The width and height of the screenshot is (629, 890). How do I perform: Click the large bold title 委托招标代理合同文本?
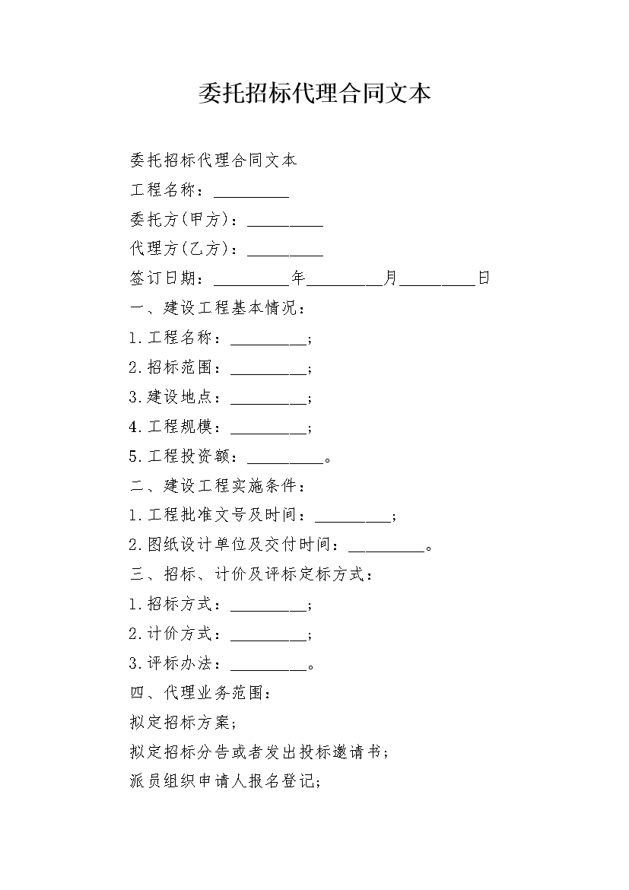coord(315,93)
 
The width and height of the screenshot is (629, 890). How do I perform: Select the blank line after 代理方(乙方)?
coord(285,256)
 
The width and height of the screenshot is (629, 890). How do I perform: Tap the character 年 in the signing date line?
coord(299,278)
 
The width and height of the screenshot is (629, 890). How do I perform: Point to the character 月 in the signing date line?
coord(391,278)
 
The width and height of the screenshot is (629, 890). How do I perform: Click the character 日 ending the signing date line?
coord(484,278)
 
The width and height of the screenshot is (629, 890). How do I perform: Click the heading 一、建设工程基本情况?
coord(218,307)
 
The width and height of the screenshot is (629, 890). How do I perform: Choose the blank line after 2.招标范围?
coord(268,374)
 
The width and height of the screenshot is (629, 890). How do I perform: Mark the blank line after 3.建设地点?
coord(268,404)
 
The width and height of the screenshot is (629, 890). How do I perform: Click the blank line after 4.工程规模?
coord(268,433)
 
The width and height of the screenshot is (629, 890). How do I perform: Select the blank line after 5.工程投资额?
coord(285,462)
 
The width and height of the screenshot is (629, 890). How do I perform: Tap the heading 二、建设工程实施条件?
coord(218,485)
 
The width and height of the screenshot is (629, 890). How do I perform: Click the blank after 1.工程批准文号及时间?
coord(353,522)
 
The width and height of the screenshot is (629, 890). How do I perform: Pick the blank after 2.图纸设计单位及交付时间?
coord(386,551)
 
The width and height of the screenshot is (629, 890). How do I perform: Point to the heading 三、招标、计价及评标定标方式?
coord(252,574)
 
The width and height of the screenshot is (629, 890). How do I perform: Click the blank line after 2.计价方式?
coord(268,640)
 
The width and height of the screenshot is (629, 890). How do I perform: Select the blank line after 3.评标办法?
coord(268,669)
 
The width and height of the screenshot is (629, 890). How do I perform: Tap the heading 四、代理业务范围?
coord(202,692)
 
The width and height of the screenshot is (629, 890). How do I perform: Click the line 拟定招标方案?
coord(184,722)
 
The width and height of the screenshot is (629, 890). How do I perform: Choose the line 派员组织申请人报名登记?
coord(226,781)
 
